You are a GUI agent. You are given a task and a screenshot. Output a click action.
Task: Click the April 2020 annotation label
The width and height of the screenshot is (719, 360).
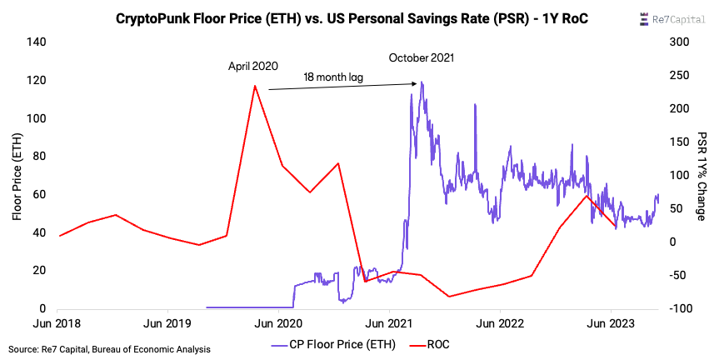pos(253,65)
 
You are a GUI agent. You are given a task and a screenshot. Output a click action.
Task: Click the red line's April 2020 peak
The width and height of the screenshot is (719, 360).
pos(254,86)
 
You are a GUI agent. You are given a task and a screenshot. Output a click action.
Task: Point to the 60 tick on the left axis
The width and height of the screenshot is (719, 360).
pos(38,194)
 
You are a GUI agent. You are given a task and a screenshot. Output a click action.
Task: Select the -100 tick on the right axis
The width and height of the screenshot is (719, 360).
pos(682,309)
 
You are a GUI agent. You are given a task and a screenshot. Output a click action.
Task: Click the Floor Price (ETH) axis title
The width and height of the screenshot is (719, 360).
pos(16,175)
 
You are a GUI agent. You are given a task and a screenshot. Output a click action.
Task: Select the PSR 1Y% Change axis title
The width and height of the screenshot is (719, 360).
pos(702,175)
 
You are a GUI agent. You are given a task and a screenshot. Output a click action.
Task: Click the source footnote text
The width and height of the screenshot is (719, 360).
pos(109,348)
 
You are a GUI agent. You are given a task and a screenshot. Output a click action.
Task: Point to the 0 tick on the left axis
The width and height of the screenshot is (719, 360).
pos(43,309)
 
